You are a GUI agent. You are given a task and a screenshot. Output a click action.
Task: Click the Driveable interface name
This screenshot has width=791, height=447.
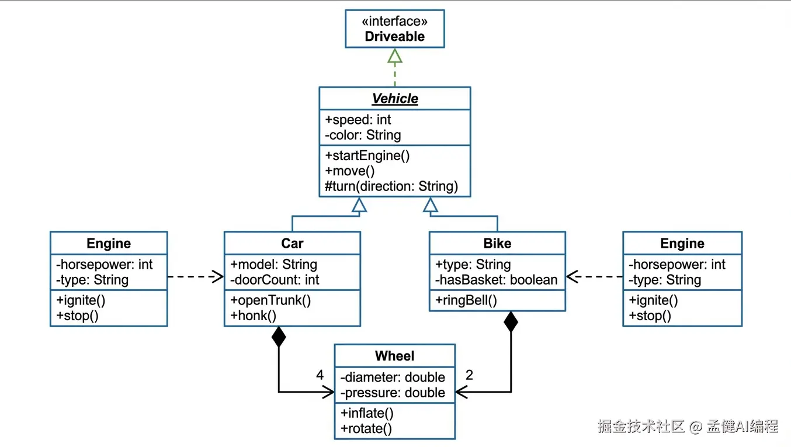click(394, 36)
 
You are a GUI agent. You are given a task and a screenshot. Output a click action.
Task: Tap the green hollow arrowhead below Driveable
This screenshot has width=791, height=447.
click(395, 56)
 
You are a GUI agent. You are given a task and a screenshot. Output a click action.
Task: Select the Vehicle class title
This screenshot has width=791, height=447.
click(395, 99)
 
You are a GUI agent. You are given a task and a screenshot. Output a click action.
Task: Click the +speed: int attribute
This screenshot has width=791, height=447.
click(358, 120)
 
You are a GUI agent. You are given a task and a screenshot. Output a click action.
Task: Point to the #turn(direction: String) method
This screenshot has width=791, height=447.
click(391, 186)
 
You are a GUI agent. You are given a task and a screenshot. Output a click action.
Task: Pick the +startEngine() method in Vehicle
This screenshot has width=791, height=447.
click(367, 155)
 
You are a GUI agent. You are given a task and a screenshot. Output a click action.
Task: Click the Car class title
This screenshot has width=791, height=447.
click(292, 243)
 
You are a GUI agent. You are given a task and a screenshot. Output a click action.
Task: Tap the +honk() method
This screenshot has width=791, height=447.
click(254, 316)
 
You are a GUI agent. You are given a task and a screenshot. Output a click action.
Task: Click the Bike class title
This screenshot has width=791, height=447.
click(497, 243)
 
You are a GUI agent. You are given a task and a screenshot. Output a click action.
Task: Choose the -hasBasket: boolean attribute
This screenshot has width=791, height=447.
click(496, 280)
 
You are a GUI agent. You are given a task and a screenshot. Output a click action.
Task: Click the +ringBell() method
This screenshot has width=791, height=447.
click(466, 301)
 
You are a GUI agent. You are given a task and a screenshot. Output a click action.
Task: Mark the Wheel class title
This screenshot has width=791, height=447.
click(395, 356)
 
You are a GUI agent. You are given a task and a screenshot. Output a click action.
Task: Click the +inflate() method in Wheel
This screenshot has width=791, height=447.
click(367, 413)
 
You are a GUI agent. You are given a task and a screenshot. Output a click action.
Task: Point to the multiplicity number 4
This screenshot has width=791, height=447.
click(320, 375)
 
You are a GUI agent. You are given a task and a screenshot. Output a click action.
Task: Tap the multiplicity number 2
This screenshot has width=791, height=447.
click(469, 375)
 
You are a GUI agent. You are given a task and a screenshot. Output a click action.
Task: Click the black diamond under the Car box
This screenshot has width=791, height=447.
click(279, 337)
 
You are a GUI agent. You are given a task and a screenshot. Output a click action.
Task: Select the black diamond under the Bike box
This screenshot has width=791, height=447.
click(511, 322)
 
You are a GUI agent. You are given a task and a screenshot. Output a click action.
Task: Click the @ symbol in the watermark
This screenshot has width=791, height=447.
click(695, 427)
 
